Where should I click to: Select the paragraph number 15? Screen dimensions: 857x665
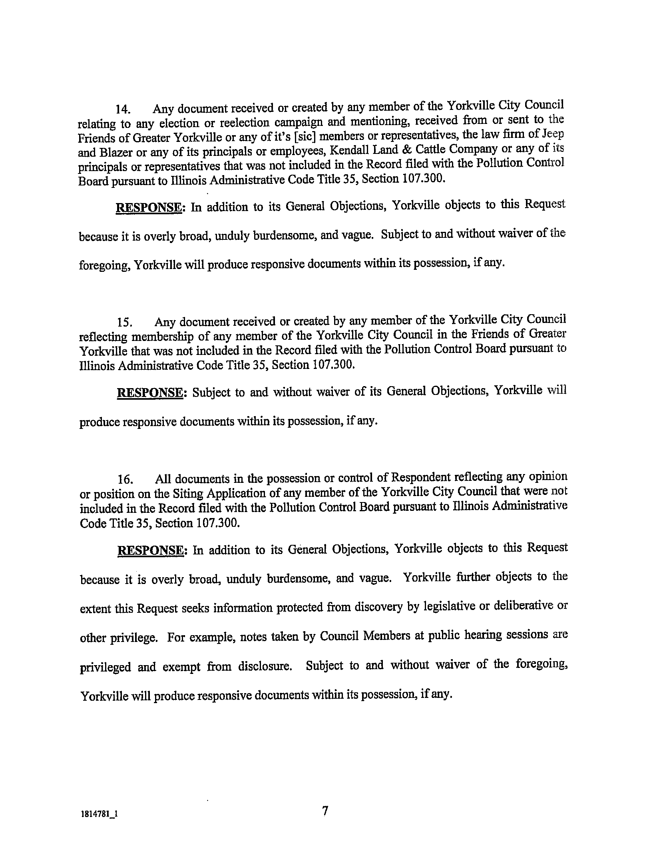click(123, 322)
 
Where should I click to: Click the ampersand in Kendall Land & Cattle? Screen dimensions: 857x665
click(407, 149)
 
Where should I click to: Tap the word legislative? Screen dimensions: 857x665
click(446, 607)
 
